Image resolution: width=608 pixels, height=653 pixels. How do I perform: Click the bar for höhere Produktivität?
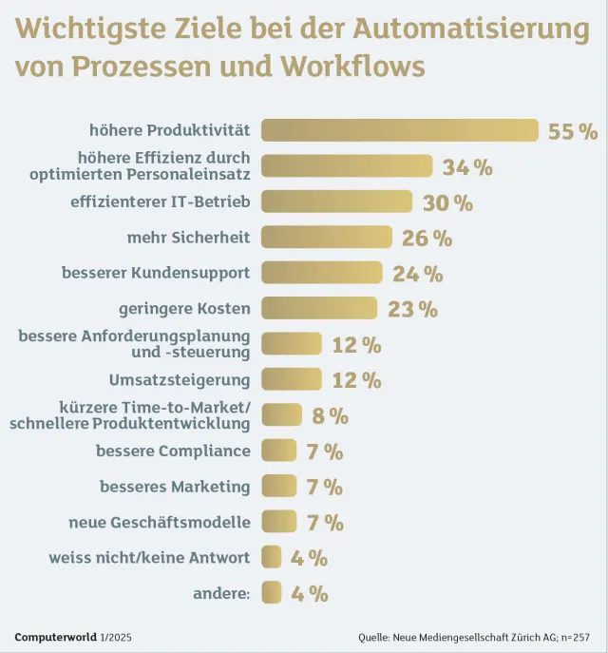(x=399, y=130)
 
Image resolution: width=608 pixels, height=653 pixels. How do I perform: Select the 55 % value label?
(x=573, y=131)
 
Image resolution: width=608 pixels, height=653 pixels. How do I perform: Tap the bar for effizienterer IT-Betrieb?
(x=336, y=202)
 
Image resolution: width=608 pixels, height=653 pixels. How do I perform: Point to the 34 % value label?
(x=467, y=167)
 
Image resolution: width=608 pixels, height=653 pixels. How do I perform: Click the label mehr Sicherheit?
(x=188, y=237)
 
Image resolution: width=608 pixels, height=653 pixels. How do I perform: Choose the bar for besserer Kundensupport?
(x=321, y=273)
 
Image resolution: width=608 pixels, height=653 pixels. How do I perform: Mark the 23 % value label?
(x=412, y=309)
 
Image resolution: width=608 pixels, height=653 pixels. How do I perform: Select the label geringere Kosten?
(x=184, y=308)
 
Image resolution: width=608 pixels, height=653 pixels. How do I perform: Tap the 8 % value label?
(x=330, y=415)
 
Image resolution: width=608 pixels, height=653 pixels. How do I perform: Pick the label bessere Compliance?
(x=173, y=451)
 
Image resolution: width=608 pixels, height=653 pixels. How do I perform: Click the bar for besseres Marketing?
(x=278, y=487)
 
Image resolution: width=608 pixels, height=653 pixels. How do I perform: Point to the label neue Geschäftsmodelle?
(x=160, y=522)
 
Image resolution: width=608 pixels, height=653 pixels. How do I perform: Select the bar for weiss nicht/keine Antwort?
(x=272, y=557)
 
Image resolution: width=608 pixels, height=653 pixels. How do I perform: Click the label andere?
(x=221, y=593)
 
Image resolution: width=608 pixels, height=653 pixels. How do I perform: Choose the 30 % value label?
(x=447, y=202)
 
